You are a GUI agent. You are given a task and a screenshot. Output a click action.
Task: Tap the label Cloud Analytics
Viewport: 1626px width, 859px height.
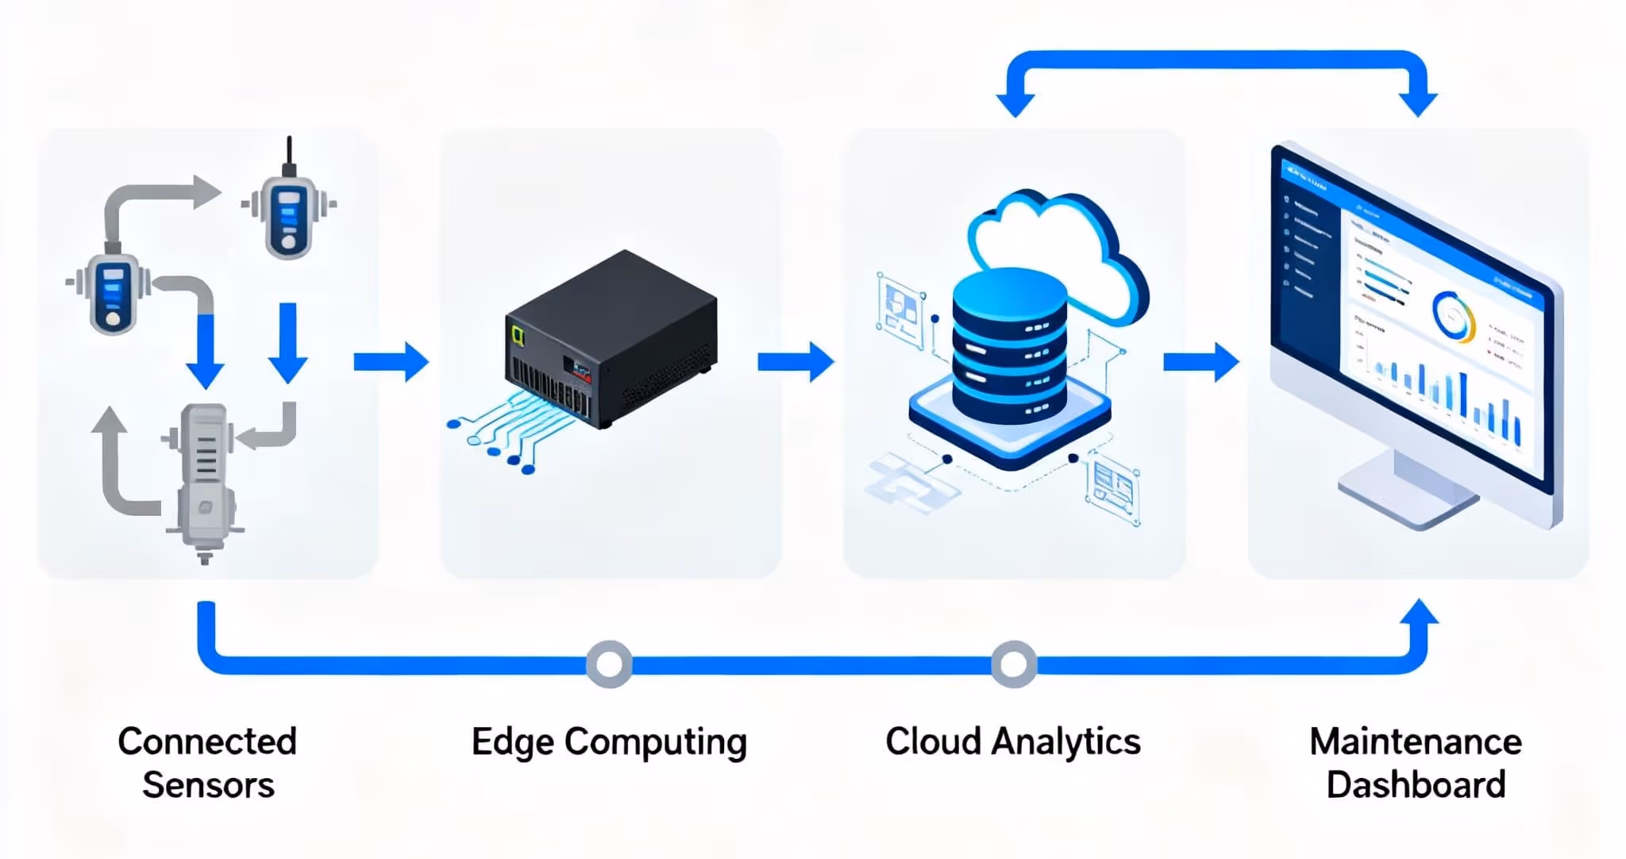1012,742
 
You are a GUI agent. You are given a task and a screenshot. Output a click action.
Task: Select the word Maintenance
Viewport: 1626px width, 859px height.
1415,742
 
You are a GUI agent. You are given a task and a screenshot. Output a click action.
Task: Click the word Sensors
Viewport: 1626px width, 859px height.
208,785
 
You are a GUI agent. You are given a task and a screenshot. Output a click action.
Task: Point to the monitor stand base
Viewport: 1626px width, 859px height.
1405,496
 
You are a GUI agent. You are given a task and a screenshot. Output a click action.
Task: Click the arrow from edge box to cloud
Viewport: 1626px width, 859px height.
796,362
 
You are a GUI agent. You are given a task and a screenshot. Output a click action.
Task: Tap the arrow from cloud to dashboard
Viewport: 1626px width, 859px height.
1200,362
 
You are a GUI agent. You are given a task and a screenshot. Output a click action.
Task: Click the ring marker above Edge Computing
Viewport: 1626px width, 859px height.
609,663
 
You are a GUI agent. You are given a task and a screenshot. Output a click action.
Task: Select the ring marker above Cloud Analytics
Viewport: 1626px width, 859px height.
1013,663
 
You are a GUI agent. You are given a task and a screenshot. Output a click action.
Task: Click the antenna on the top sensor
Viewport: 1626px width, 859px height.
289,152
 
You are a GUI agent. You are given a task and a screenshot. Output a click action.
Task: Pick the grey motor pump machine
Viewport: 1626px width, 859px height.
203,476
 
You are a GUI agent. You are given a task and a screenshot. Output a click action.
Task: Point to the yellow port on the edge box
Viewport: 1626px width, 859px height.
519,334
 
